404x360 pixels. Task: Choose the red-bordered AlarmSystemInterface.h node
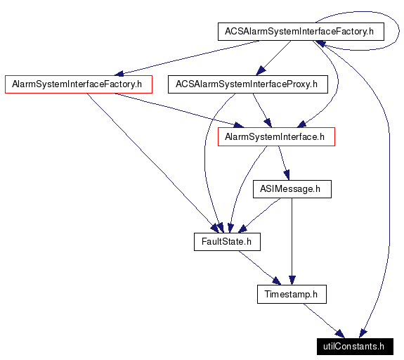tap(275, 137)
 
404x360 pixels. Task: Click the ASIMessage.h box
tap(290, 189)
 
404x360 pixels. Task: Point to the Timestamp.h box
tap(291, 294)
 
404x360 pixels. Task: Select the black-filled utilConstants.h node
tap(353, 346)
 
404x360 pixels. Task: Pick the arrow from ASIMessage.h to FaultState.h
tap(261, 214)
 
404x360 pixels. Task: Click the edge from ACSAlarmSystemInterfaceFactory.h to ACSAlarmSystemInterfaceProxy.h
tap(275, 57)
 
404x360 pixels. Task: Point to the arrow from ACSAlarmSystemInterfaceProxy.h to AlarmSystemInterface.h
tap(260, 109)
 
